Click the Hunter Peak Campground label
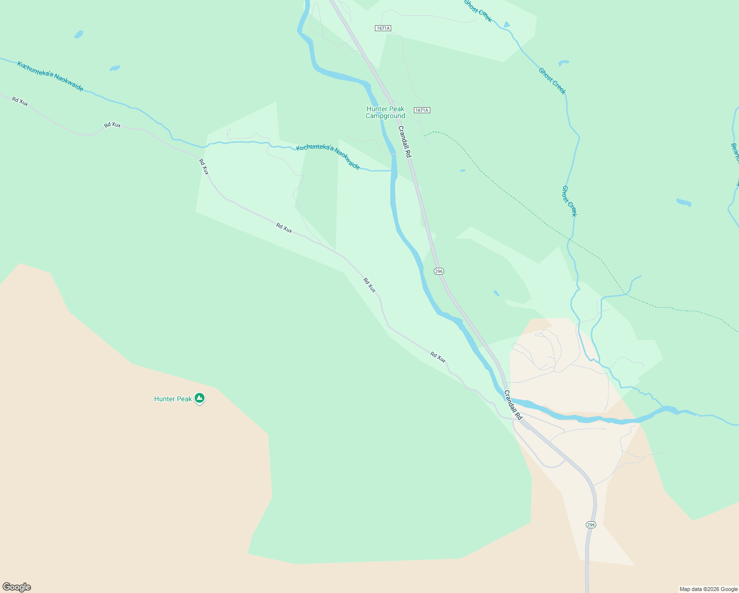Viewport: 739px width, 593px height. point(385,112)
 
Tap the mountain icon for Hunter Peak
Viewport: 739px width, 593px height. point(200,398)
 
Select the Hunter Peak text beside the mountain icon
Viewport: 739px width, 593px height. point(173,399)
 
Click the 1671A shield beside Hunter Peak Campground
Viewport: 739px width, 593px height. point(422,110)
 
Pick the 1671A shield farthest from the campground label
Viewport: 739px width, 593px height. point(383,28)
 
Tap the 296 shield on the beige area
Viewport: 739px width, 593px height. point(591,524)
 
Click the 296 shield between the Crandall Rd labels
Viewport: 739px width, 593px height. point(439,271)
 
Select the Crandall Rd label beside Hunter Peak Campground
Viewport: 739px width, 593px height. point(405,142)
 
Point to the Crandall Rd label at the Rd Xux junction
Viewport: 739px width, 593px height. point(513,405)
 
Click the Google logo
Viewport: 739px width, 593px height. point(17,587)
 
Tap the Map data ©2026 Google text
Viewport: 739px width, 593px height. point(708,589)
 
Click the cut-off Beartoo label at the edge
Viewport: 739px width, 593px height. point(735,153)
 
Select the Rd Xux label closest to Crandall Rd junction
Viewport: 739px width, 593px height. point(438,357)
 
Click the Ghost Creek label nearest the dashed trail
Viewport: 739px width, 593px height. point(569,201)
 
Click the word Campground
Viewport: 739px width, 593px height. point(385,116)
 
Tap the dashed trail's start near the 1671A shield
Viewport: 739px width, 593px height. point(426,133)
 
